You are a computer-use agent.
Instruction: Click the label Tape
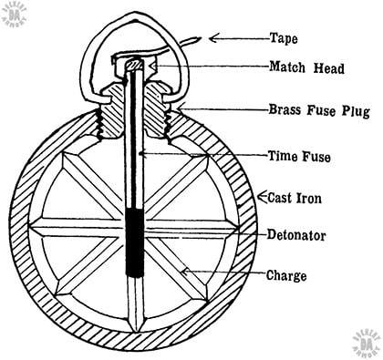pyautogui.click(x=284, y=38)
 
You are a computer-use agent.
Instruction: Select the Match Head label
pyautogui.click(x=306, y=67)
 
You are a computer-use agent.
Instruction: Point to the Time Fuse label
pyautogui.click(x=300, y=155)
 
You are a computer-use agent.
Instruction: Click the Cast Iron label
pyautogui.click(x=295, y=195)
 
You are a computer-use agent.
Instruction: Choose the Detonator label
pyautogui.click(x=297, y=235)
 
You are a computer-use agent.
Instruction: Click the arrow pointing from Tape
pyautogui.click(x=236, y=38)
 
